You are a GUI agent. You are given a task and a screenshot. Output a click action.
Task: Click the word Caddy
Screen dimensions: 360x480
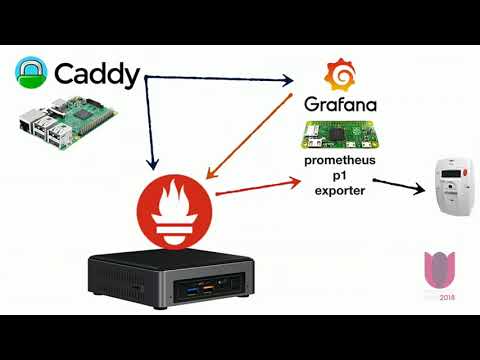[97, 75]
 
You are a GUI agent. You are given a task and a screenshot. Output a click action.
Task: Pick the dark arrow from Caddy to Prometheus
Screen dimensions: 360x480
[149, 120]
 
